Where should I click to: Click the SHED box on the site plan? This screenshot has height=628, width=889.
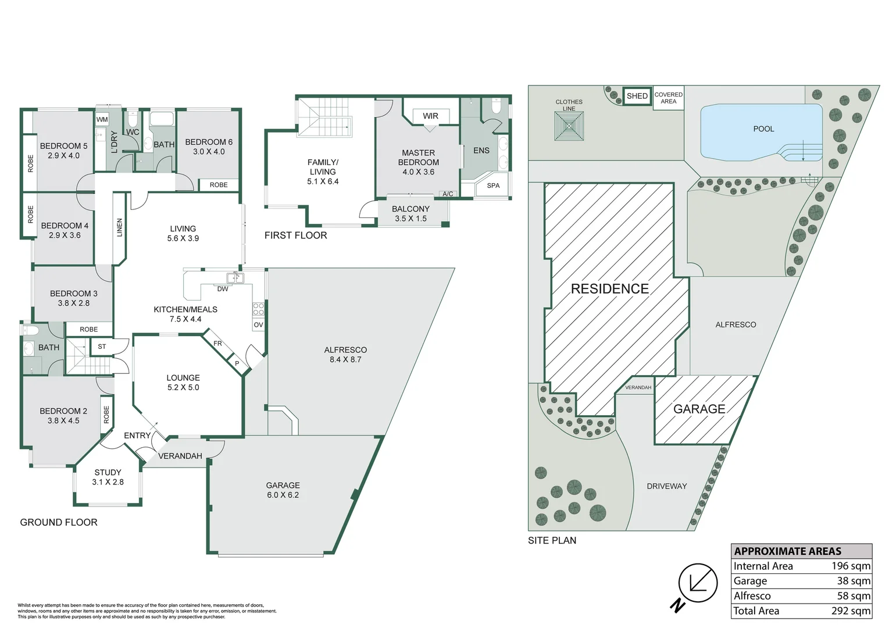coord(637,96)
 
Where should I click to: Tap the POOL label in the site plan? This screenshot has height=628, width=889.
coord(763,129)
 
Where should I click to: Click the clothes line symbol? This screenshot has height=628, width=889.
coord(569,126)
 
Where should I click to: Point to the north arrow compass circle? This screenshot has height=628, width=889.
coord(698,583)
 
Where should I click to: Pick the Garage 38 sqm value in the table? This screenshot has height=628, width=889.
coord(854,581)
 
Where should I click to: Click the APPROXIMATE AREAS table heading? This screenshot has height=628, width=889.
coord(787,551)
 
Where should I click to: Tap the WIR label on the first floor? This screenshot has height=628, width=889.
coord(430,116)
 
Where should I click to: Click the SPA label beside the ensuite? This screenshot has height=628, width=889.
coord(493,185)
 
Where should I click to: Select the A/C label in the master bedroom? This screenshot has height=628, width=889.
coord(448,194)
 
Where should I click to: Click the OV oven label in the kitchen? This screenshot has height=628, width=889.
coord(258,324)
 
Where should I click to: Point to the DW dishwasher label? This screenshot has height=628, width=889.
coord(223,289)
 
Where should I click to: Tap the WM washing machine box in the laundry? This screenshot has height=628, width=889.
coord(102,119)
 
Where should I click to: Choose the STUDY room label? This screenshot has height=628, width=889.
coord(108,472)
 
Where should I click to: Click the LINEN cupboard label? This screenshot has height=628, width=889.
coord(119,227)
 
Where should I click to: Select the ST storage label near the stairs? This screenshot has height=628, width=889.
coord(102,347)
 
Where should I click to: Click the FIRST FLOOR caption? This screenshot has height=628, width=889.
coord(296,235)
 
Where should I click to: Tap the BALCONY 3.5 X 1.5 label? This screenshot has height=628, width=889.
coord(410,213)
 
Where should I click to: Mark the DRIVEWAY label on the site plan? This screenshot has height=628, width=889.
coord(667,486)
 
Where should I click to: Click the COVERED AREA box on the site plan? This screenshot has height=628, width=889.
coord(668,98)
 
